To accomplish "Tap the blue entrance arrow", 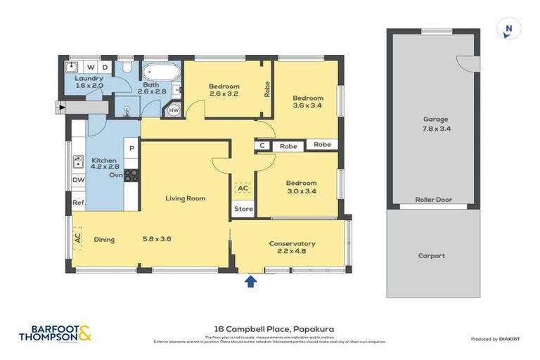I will click(250, 281).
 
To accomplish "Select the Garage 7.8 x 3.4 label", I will click(435, 124).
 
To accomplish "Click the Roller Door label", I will click(433, 200).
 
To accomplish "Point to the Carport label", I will click(432, 255).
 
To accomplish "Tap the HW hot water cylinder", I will click(174, 110).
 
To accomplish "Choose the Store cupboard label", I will click(243, 209).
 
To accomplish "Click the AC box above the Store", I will click(243, 188).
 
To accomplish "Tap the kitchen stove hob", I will click(131, 176).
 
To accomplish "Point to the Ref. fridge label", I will click(78, 203).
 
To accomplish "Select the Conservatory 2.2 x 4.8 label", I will click(292, 247).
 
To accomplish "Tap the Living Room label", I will click(185, 198).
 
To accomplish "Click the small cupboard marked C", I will click(262, 146).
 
